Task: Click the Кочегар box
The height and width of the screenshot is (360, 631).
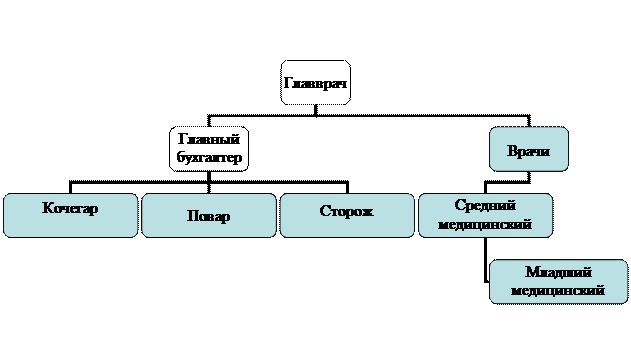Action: (70, 215)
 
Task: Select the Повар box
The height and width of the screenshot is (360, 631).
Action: (208, 215)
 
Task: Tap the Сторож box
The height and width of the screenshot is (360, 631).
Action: (346, 215)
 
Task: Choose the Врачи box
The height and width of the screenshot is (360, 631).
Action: (528, 149)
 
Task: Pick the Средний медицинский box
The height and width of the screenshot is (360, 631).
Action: (485, 215)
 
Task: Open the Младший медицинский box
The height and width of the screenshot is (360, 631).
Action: (557, 281)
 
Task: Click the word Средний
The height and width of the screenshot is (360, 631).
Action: (485, 205)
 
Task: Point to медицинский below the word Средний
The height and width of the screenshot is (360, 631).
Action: (485, 225)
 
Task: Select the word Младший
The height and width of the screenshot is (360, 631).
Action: (558, 272)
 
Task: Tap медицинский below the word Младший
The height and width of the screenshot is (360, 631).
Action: (558, 291)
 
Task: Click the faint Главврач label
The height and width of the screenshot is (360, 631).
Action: (315, 84)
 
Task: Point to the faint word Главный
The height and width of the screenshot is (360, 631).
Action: (210, 140)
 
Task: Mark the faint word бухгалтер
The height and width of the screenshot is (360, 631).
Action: (210, 157)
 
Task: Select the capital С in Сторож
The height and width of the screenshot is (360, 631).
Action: (325, 212)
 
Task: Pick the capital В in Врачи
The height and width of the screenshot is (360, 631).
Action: (512, 153)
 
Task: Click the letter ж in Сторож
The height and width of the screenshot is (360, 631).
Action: (366, 212)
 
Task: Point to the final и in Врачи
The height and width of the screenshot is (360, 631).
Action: (546, 153)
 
